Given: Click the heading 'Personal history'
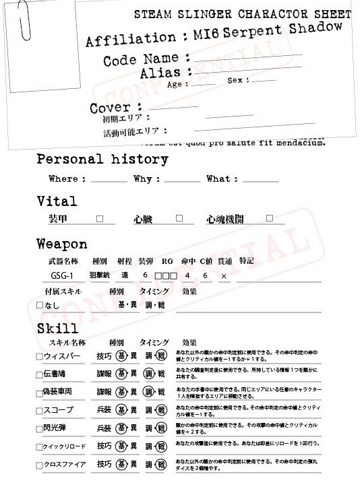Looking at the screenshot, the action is tap(102, 160).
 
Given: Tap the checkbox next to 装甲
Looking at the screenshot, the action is tap(100, 219).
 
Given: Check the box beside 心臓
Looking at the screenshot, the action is tap(179, 218).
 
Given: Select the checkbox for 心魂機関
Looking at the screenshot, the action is tap(270, 218).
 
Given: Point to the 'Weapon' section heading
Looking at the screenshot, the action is tap(62, 244).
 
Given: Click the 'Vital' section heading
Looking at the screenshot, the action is tap(57, 201).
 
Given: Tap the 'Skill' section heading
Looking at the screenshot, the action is tap(57, 329).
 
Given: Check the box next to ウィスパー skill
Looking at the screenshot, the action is tap(39, 356).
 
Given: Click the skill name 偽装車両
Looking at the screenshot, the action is tap(58, 392).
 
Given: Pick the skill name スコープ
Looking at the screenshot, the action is tap(57, 410).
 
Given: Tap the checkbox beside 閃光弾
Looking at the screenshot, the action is tap(39, 428).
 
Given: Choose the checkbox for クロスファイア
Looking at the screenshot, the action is tap(39, 465).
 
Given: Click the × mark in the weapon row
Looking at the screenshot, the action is tap(224, 277).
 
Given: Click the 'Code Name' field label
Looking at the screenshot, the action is tap(141, 59).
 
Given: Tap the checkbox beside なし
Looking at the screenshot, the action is tap(39, 306).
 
